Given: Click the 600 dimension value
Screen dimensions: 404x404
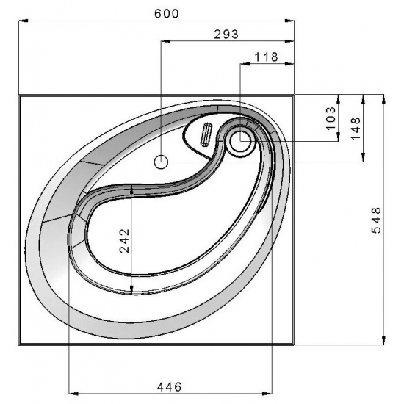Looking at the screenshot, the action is pos(167,13).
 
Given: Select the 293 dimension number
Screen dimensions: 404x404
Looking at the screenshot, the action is pos(226,35).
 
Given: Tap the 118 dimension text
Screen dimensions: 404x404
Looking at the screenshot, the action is pos(267,57).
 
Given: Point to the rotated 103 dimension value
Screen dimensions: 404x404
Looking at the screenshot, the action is pos(331,118).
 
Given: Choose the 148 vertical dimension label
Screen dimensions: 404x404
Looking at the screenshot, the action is pos(356,128).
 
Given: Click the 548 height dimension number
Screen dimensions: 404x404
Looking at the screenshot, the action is pos(376,220).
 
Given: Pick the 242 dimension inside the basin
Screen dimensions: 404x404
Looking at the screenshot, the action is pos(125,240).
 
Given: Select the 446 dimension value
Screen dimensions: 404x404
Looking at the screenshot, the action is pos(169,386).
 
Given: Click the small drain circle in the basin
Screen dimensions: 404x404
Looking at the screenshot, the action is pos(161,162).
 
